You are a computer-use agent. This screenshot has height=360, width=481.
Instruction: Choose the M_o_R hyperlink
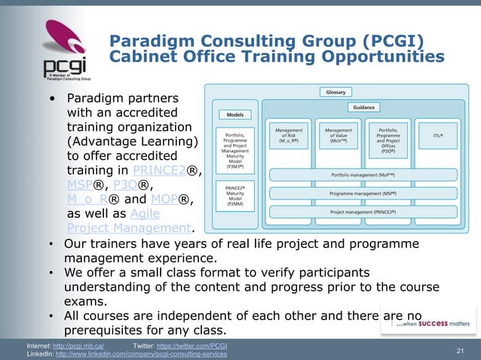tap(89, 200)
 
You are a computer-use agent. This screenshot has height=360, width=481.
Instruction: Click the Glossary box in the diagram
tap(335, 92)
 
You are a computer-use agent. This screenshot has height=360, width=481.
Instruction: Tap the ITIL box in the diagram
tap(437, 136)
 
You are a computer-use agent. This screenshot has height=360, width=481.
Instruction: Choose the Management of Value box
tap(337, 136)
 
